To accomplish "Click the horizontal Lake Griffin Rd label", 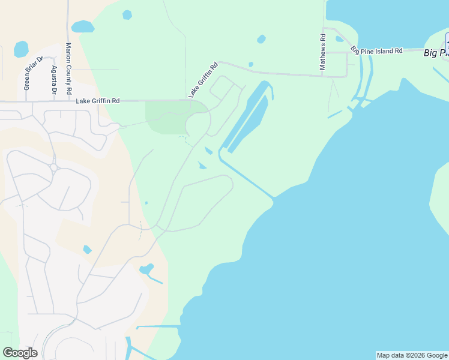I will point(98,101).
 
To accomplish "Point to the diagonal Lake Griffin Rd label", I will point(202,81).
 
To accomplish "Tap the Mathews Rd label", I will point(323,52).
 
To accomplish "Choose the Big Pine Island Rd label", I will point(376,51).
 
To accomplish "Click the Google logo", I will point(20,353).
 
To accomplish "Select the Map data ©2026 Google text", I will point(412,355).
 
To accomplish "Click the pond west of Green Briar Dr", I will point(21,49).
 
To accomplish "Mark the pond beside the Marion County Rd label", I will point(82,26).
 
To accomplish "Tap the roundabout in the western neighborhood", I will point(53,167).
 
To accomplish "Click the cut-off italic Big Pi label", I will point(436,53).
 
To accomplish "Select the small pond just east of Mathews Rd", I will point(339,39).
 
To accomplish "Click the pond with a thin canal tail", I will point(146,269).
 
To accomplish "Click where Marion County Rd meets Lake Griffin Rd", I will point(68,101).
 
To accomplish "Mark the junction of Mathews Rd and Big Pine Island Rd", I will point(324,52).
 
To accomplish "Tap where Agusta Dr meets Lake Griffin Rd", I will point(55,101).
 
